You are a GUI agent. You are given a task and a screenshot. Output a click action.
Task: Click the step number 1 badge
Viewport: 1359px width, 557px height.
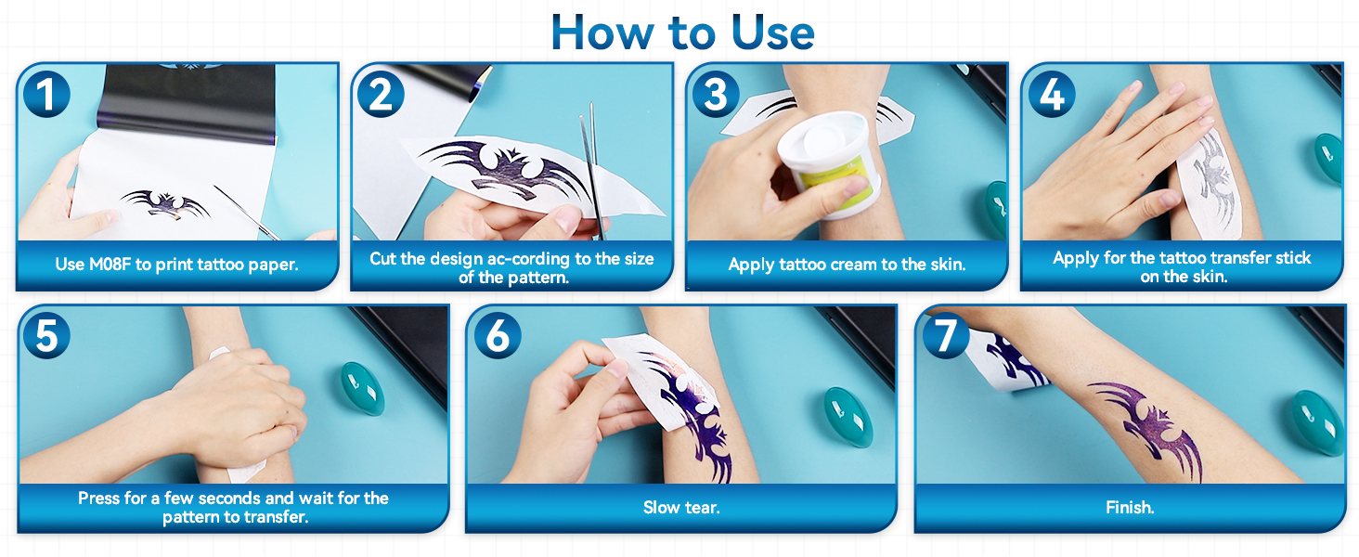pos(46,93)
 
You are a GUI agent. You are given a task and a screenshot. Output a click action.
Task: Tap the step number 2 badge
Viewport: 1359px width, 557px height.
pos(381,93)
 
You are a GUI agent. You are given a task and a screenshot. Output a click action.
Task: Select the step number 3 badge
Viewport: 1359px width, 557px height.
pos(716,93)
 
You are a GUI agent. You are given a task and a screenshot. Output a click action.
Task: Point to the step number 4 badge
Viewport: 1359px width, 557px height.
pos(1051,93)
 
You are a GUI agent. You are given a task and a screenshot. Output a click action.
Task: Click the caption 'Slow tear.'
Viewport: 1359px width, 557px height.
pos(681,508)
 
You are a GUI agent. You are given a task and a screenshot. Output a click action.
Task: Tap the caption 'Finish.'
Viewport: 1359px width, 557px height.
pos(1130,508)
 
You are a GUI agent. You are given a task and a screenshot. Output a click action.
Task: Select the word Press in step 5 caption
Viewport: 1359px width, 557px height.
pos(99,499)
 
